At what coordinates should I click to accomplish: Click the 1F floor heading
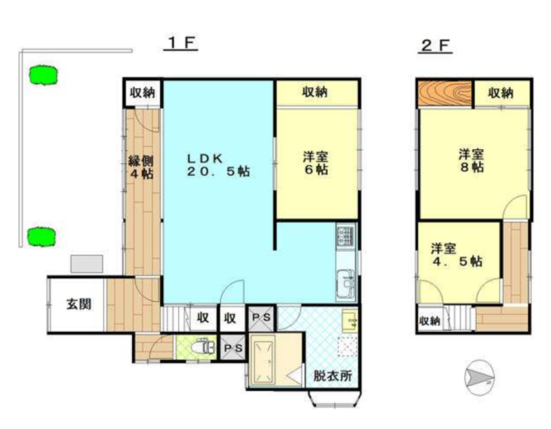coord(179,44)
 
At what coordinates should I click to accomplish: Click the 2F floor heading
coord(435,45)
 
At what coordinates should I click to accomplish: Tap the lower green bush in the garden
coord(40,237)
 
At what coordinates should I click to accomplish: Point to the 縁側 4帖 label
coord(139,167)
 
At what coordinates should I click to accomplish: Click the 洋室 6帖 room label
coord(315,163)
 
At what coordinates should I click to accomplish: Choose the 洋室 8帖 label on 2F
coord(471,160)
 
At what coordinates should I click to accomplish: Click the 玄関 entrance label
coord(78,304)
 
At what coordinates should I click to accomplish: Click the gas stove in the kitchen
coord(346,238)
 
